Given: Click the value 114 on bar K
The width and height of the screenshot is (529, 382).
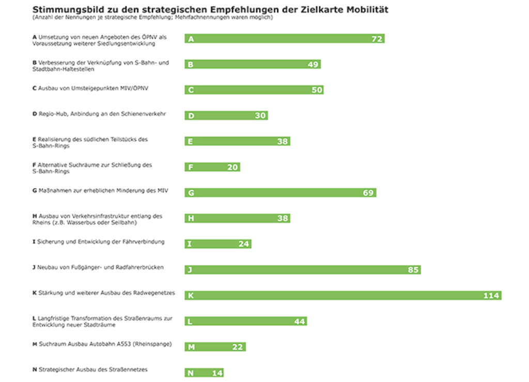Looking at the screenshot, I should pyautogui.click(x=491, y=296).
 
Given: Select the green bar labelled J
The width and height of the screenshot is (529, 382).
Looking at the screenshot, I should pyautogui.click(x=302, y=270).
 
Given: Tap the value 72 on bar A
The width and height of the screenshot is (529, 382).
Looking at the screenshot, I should pyautogui.click(x=377, y=39).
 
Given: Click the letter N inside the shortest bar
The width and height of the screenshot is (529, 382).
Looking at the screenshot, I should pyautogui.click(x=190, y=373).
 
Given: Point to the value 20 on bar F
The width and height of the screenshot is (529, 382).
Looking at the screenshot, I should pyautogui.click(x=232, y=167).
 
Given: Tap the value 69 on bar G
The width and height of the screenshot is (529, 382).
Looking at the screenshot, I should pyautogui.click(x=368, y=193).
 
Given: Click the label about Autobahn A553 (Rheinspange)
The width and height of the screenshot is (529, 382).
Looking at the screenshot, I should pyautogui.click(x=102, y=344).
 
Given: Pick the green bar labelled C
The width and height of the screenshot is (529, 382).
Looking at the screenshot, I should pyautogui.click(x=254, y=90).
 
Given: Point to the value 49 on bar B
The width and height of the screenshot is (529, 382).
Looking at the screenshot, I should pyautogui.click(x=313, y=65).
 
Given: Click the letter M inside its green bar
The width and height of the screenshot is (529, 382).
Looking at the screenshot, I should pyautogui.click(x=191, y=347).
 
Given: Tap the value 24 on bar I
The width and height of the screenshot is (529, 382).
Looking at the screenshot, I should pyautogui.click(x=244, y=244).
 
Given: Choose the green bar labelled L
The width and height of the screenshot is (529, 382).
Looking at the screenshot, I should pyautogui.click(x=245, y=322).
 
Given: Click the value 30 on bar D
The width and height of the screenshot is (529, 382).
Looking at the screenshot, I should pyautogui.click(x=260, y=116).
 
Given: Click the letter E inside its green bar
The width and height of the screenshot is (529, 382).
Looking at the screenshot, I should pyautogui.click(x=190, y=142).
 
